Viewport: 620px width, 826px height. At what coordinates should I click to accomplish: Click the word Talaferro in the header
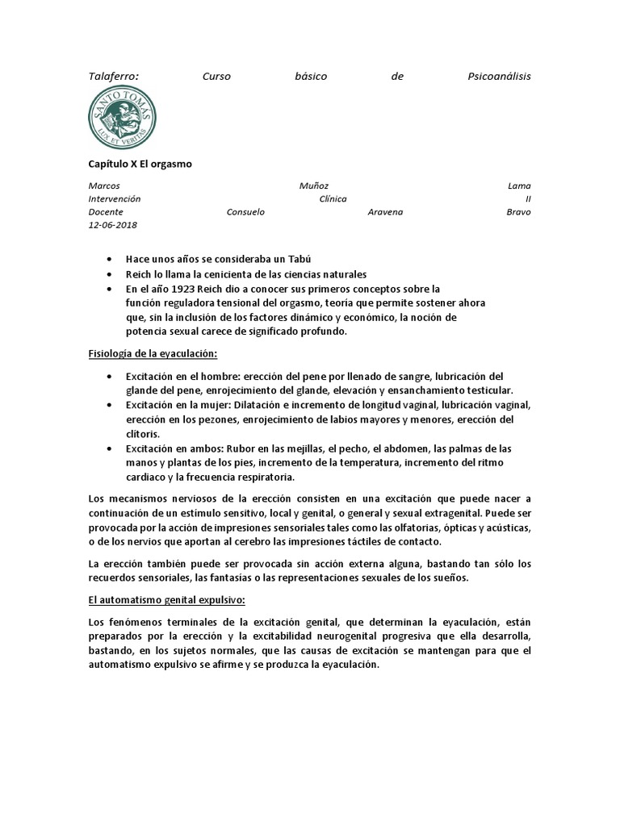pos(113,76)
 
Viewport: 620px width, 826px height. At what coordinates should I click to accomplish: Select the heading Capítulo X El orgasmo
pos(140,164)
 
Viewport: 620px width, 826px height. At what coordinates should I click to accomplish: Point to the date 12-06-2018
pos(112,225)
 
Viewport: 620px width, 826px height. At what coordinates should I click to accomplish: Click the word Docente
pos(105,212)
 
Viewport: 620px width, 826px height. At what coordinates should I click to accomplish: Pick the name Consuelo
pos(245,212)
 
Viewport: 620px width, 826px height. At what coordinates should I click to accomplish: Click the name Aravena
pos(385,212)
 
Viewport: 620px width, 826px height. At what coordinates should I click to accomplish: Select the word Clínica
pos(333,198)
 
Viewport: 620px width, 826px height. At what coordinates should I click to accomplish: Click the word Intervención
pos(114,198)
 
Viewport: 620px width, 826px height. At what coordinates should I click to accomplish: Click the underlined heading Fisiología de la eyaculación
pos(153,353)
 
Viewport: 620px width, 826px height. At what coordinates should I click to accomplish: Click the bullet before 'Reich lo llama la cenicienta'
pos(110,275)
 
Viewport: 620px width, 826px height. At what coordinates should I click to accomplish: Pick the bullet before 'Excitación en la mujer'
pos(110,405)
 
